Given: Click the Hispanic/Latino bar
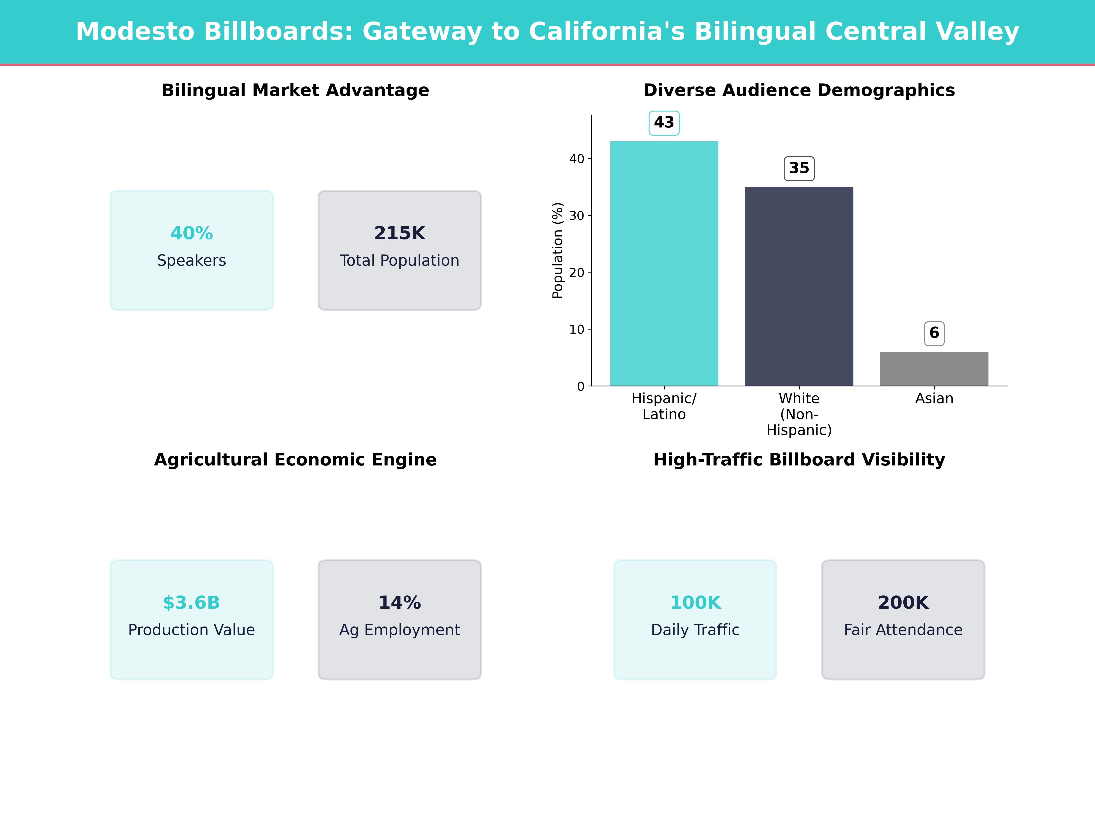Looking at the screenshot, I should point(664,263).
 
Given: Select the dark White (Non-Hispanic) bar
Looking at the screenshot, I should point(799,286).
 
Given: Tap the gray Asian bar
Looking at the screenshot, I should point(934,369).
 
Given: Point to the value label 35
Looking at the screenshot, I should point(799,168).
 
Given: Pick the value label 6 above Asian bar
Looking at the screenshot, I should point(934,333).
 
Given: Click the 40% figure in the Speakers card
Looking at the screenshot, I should point(192,233).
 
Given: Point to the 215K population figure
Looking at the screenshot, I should point(399,233).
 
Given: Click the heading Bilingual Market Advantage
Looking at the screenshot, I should point(295,91).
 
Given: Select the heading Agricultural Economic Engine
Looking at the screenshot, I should point(295,460).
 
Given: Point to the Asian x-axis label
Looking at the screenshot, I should point(934,398).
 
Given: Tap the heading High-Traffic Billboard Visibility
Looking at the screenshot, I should point(799,460).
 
